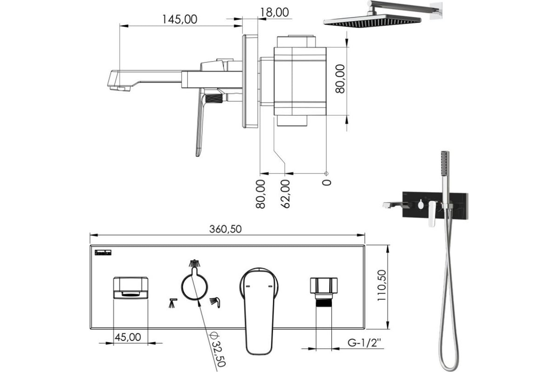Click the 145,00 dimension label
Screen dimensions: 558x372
point(179,19)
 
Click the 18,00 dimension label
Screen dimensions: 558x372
point(274,12)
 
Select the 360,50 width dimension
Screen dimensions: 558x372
point(226,229)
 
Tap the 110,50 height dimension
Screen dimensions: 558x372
point(381,286)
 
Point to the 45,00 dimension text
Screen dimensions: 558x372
point(128,337)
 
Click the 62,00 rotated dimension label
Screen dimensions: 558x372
point(286,194)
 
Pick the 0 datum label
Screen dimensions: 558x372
point(326,182)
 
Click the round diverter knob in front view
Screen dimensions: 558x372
point(194,287)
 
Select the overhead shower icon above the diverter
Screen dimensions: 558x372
point(194,263)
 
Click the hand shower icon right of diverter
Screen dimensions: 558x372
point(215,302)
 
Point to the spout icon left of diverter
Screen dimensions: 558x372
point(173,303)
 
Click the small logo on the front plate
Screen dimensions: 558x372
point(103,252)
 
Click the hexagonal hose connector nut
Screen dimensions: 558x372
point(324,286)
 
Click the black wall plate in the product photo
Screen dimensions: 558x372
point(435,206)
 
